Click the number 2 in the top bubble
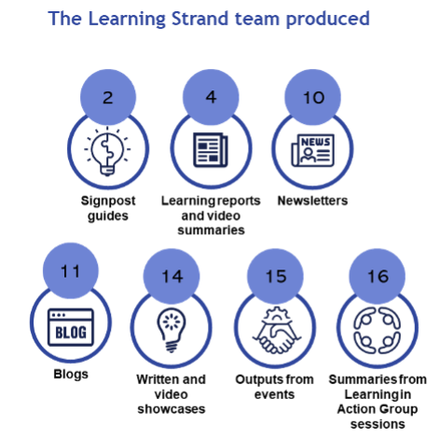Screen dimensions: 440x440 pyautogui.click(x=108, y=98)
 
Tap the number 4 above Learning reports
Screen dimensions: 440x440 pyautogui.click(x=211, y=97)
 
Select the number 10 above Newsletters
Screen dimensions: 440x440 pyautogui.click(x=313, y=98)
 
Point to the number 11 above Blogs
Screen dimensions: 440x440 pyautogui.click(x=71, y=271)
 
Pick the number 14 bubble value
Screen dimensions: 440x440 pyautogui.click(x=172, y=276)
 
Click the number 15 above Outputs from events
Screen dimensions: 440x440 pyautogui.click(x=276, y=276)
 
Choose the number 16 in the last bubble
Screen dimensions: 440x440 pyautogui.click(x=378, y=276)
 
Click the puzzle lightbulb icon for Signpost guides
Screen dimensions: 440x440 pyautogui.click(x=107, y=151)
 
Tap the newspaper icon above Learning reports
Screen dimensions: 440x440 pyautogui.click(x=211, y=150)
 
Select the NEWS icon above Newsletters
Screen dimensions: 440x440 pyautogui.click(x=313, y=150)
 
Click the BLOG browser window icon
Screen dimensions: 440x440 pyautogui.click(x=71, y=327)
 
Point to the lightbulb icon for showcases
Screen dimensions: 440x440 pyautogui.click(x=172, y=330)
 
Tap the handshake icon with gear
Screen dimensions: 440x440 pyautogui.click(x=276, y=330)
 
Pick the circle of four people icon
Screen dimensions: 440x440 pyautogui.click(x=378, y=330)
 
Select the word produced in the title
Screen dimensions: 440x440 pyautogui.click(x=328, y=20)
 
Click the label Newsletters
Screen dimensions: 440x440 pyautogui.click(x=312, y=200)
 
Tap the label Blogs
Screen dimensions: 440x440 pyautogui.click(x=71, y=375)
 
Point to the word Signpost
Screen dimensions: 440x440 pyautogui.click(x=108, y=201)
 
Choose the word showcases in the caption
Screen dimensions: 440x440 pyautogui.click(x=172, y=409)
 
